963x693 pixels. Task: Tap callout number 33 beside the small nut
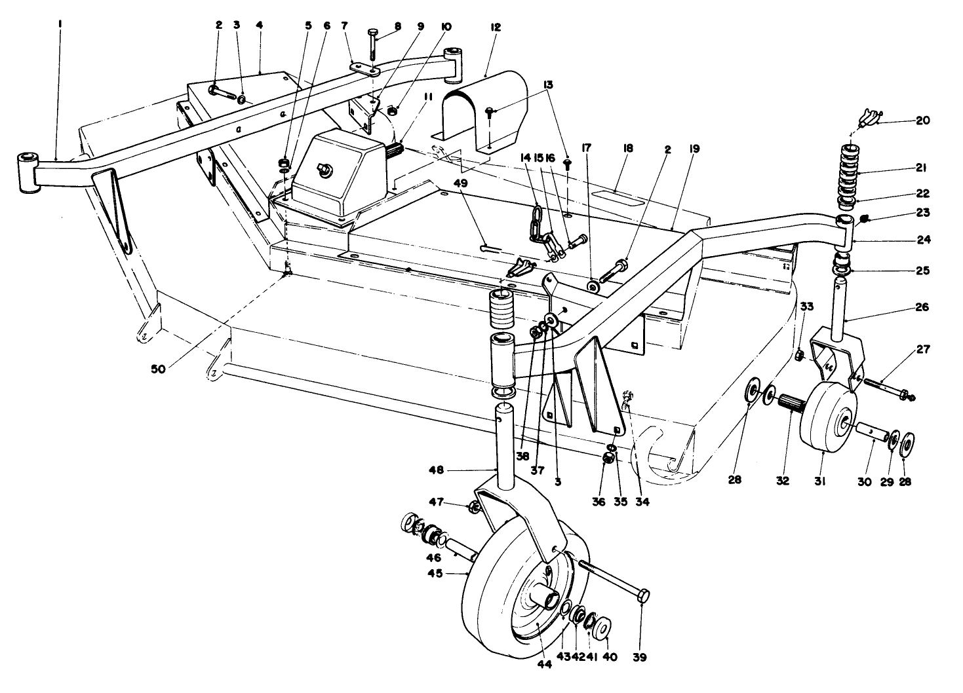click(806, 306)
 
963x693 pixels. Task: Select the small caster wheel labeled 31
click(827, 417)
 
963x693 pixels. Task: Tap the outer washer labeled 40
click(602, 626)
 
